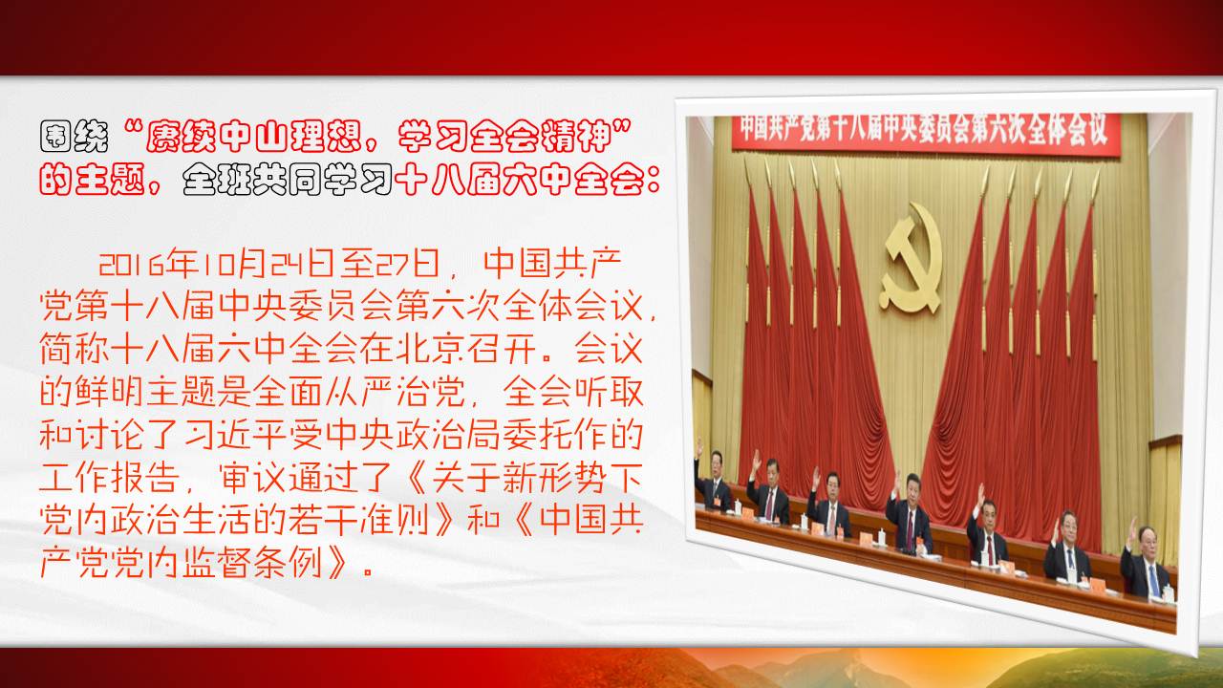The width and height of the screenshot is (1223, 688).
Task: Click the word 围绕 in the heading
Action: tap(75, 137)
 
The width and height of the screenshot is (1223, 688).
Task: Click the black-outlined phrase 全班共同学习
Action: tap(288, 179)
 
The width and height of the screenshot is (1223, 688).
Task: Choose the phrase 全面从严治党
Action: tap(359, 391)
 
